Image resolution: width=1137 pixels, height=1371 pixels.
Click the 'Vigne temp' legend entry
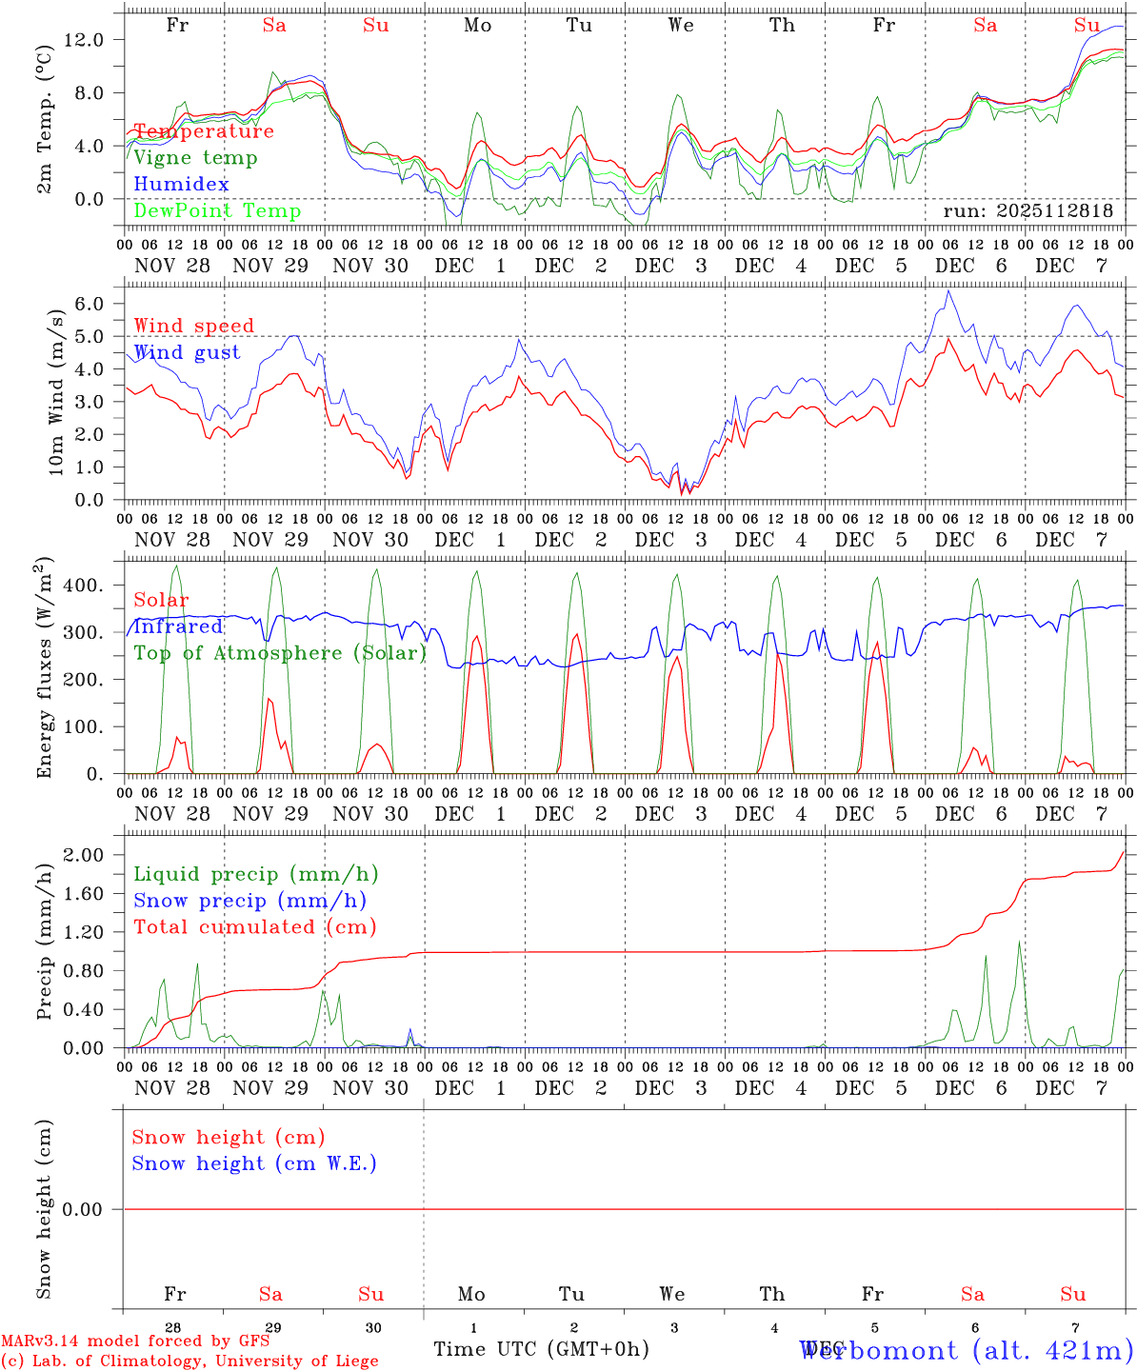[x=195, y=158]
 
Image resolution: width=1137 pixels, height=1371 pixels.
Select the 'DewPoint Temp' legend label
[x=217, y=211]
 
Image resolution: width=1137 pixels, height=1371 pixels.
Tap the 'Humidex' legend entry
[x=181, y=185]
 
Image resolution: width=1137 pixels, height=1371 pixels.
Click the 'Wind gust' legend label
[x=187, y=352]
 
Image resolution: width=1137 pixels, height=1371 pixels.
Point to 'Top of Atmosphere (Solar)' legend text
[x=279, y=653]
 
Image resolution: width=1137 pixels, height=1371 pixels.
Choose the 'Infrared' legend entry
[x=178, y=626]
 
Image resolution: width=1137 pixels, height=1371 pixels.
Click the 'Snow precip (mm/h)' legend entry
[x=249, y=901]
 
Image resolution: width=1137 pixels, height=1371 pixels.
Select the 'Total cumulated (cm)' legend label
[x=254, y=927]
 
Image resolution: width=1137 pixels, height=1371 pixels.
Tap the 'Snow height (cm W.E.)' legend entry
[x=253, y=1163]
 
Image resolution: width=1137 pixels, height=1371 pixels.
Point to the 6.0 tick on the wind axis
[x=93, y=304]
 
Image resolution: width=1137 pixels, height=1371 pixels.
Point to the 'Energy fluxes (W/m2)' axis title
[x=45, y=670]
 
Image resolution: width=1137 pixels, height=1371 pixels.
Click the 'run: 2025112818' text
[x=1027, y=211]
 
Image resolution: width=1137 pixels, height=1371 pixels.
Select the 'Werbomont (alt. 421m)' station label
[x=967, y=1350]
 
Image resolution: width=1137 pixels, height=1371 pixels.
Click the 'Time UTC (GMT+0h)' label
[x=541, y=1350]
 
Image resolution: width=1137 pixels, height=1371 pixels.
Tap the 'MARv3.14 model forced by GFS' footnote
[x=135, y=1341]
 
